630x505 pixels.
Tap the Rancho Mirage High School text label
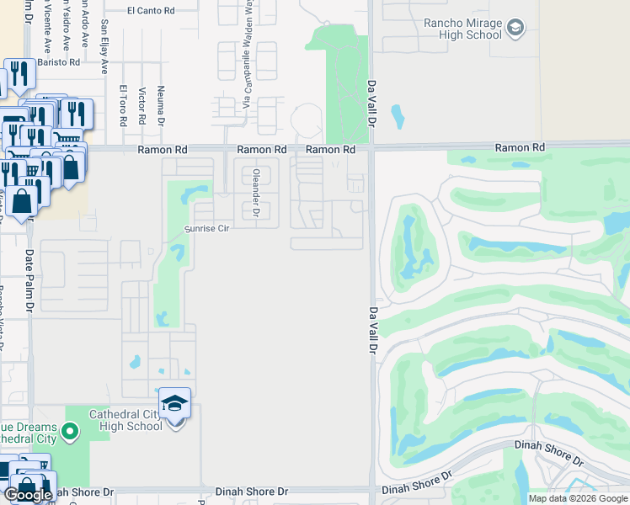point(464,28)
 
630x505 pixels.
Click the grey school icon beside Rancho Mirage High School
point(515,29)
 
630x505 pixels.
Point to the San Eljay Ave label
point(104,47)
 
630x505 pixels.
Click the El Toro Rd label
point(123,105)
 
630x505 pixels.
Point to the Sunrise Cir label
point(207,228)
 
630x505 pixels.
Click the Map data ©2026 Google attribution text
point(578,498)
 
